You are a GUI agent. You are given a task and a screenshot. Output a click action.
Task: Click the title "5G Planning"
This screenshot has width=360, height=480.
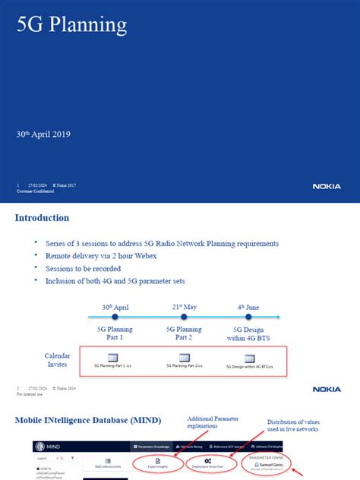[x=72, y=26]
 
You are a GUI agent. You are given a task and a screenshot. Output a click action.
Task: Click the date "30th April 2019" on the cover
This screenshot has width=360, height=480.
[x=43, y=134]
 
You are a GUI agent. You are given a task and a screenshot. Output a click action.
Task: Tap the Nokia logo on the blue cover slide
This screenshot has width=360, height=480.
[x=327, y=186]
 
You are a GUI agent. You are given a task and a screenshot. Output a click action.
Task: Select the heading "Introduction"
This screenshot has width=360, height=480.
[x=43, y=218]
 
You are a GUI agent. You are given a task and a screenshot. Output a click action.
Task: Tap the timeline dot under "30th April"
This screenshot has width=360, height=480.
[x=114, y=317]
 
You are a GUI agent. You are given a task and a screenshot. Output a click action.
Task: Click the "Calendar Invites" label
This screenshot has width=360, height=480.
[x=57, y=360]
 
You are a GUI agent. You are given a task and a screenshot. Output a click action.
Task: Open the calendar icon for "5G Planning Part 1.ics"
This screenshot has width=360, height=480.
[x=112, y=358]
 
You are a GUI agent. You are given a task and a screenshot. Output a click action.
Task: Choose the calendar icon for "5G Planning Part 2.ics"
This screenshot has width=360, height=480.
[x=184, y=358]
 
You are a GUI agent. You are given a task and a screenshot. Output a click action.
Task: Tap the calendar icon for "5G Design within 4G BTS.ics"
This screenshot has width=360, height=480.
[x=249, y=358]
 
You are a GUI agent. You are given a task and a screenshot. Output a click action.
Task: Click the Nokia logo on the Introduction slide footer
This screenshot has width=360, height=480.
[x=327, y=389]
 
